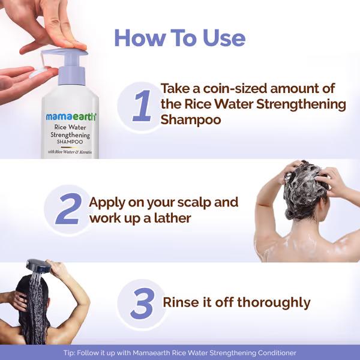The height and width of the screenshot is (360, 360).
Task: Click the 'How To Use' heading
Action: coord(179,38)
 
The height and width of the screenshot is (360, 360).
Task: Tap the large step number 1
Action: coord(142,106)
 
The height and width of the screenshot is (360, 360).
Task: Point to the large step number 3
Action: coord(142,304)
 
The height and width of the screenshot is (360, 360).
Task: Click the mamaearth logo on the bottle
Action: coord(71,117)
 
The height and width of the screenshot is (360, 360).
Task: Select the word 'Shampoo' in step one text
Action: coord(191,120)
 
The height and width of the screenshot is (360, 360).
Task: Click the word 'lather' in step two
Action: coord(170,218)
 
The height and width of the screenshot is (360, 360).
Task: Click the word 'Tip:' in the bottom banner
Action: coord(70,353)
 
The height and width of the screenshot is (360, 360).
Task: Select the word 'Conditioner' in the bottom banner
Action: coord(273,353)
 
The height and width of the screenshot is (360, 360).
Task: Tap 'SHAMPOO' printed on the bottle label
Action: coord(71,142)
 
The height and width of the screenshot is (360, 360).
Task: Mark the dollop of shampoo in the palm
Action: coord(36,73)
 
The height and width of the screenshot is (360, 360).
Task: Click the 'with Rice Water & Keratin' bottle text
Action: coord(71,152)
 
